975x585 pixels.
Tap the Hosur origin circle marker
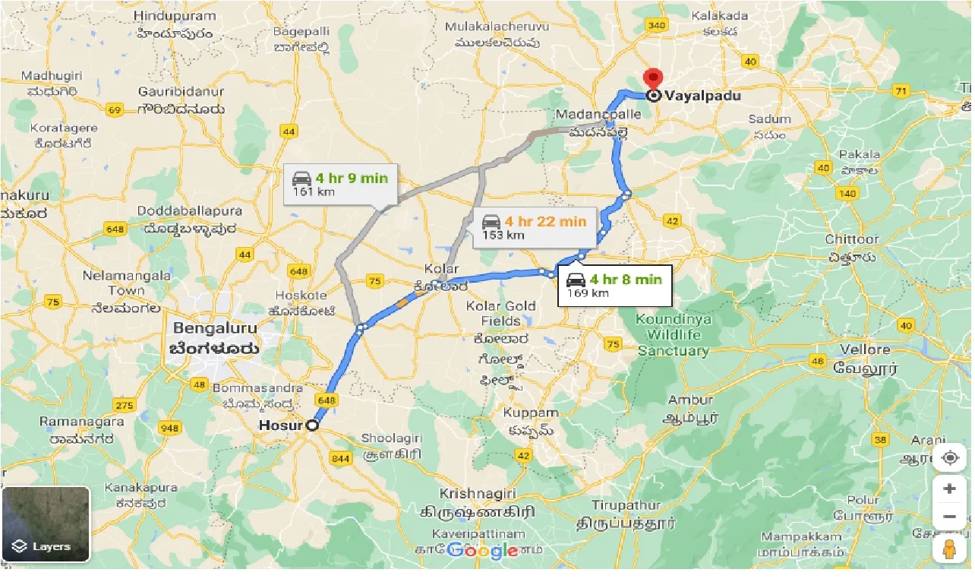tap(312, 426)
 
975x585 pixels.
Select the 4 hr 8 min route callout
tap(614, 285)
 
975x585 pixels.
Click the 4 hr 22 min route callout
tap(535, 227)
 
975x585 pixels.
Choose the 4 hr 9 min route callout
tap(340, 185)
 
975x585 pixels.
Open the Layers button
tap(46, 524)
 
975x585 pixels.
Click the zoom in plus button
tap(949, 489)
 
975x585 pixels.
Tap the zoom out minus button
tap(949, 517)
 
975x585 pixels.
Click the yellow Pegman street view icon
tap(949, 549)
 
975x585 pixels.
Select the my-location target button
tap(949, 458)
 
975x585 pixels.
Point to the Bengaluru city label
tap(215, 329)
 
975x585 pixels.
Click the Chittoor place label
tap(852, 239)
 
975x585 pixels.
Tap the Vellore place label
tap(865, 349)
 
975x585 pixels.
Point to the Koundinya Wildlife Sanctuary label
tap(673, 335)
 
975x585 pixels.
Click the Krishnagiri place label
tap(478, 493)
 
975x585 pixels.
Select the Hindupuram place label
tap(175, 15)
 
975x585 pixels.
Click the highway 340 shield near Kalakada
tap(656, 25)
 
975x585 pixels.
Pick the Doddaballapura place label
tap(190, 211)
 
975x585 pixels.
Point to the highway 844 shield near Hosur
tap(339, 458)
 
